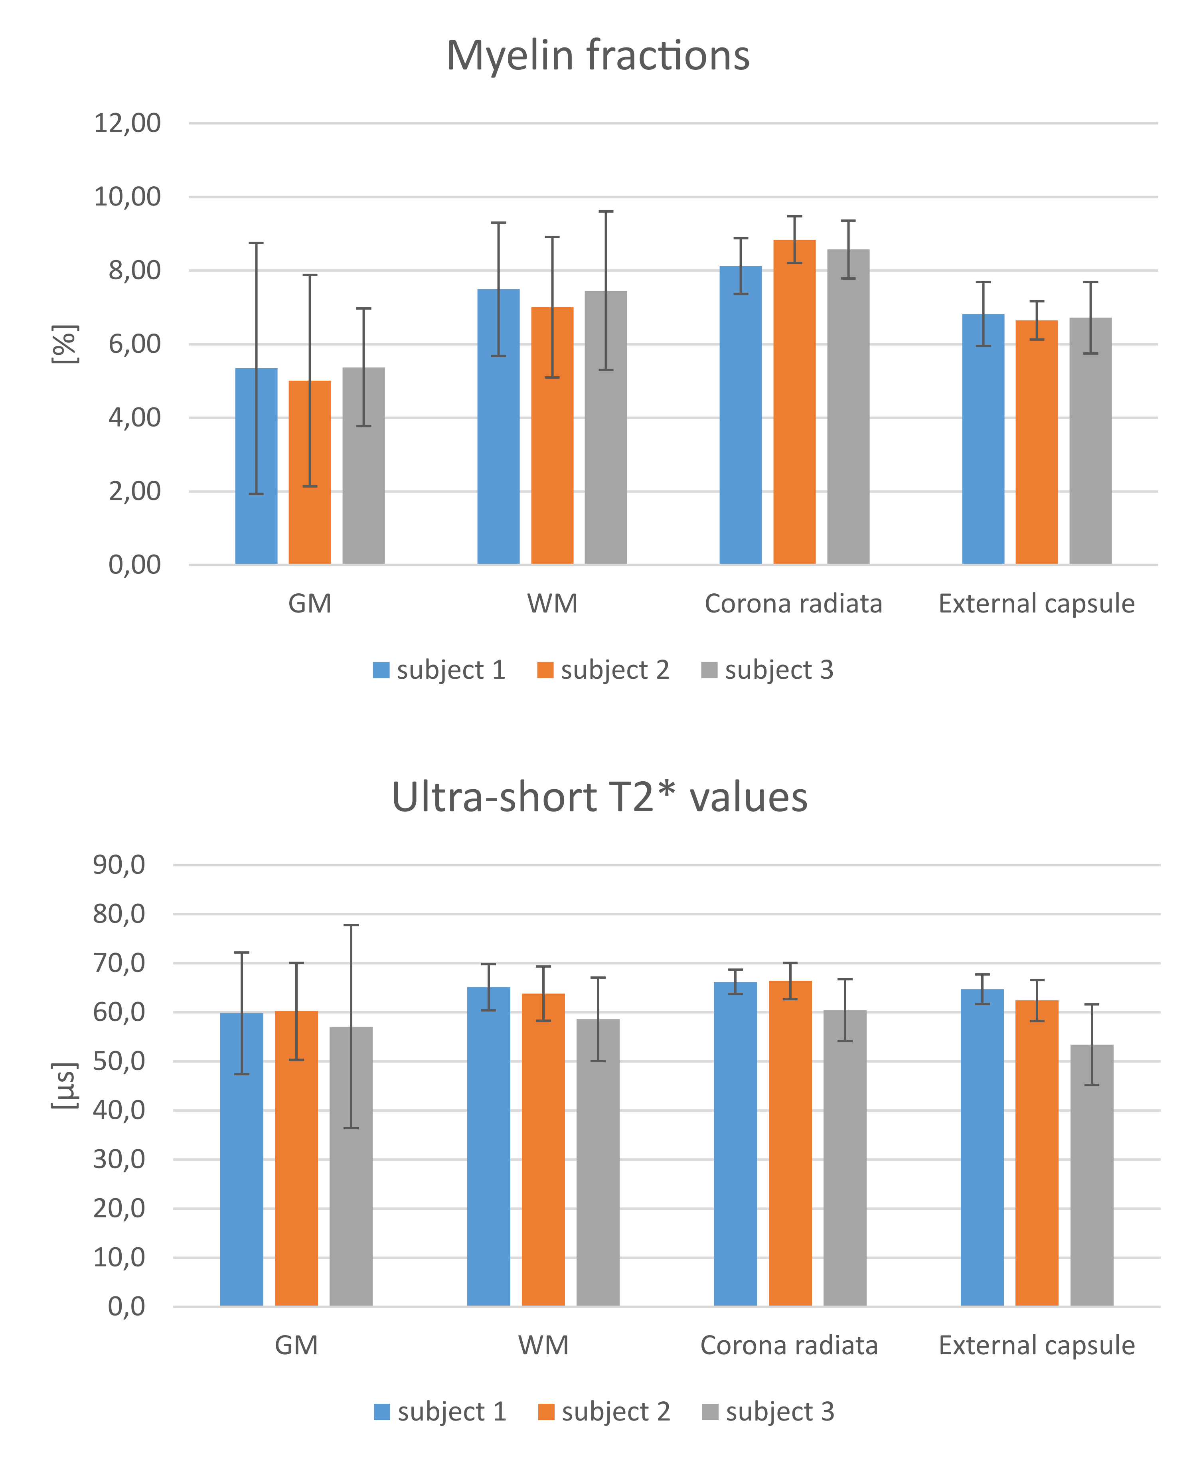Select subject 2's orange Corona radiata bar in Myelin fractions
coord(794,402)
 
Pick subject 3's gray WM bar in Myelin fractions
coord(606,428)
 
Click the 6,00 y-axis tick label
coord(134,344)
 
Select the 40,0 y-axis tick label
coord(119,1110)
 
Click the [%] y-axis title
coord(65,344)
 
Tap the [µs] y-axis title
coord(65,1085)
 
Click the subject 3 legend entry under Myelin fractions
coord(767,670)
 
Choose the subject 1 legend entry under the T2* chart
coord(440,1413)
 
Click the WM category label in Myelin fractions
coord(552,604)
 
